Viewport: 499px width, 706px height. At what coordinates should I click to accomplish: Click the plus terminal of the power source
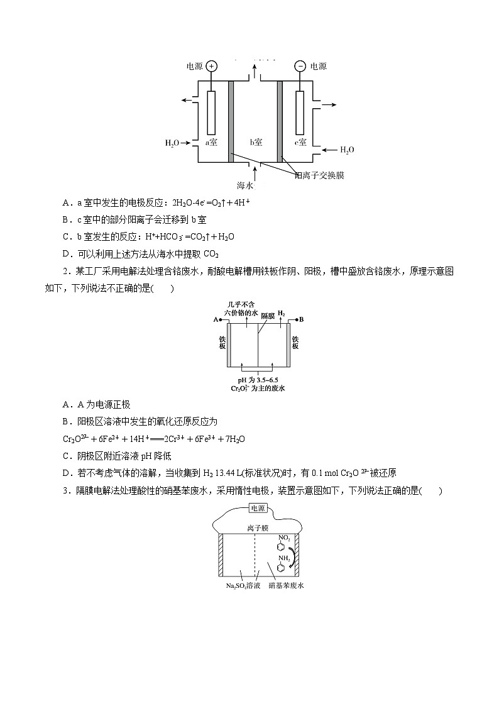212,66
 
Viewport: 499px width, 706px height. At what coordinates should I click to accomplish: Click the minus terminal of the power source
300,66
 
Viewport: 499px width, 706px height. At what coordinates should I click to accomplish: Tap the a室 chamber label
211,142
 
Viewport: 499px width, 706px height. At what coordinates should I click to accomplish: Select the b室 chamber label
256,142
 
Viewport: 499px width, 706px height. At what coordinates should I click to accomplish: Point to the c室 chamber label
300,142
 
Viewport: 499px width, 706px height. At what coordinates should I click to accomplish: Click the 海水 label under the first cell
245,185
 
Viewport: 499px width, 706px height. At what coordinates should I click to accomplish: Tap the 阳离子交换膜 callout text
319,175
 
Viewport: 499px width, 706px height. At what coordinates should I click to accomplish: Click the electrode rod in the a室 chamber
211,113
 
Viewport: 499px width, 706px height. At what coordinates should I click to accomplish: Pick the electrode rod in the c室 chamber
300,113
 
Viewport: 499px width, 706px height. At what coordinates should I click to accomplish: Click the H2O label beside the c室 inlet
347,150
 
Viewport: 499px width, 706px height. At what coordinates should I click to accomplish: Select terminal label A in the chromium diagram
216,320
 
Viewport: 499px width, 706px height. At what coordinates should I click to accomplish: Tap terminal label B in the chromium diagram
302,320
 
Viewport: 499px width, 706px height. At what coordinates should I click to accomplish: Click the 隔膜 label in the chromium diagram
268,316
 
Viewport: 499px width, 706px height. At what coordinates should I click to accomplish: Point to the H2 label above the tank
281,313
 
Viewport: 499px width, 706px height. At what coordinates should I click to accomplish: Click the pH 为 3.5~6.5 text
258,380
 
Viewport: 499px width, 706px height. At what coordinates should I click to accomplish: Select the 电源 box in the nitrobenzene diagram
258,508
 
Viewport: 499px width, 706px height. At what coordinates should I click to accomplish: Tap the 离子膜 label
258,527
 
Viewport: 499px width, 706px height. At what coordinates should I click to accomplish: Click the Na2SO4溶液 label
243,586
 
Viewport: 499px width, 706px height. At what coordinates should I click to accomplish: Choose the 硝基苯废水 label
286,585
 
